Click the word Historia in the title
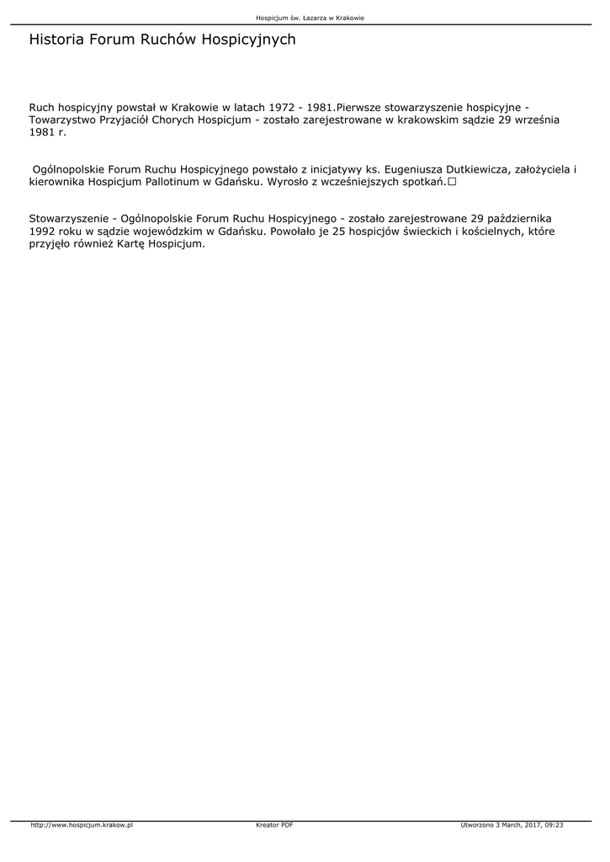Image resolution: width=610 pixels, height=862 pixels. click(56, 40)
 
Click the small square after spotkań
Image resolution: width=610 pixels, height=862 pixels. click(453, 182)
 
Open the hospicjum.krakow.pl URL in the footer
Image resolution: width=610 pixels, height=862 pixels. click(82, 825)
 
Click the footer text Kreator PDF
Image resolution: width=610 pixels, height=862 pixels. click(274, 825)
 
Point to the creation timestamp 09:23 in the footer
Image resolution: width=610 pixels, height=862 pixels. click(554, 825)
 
